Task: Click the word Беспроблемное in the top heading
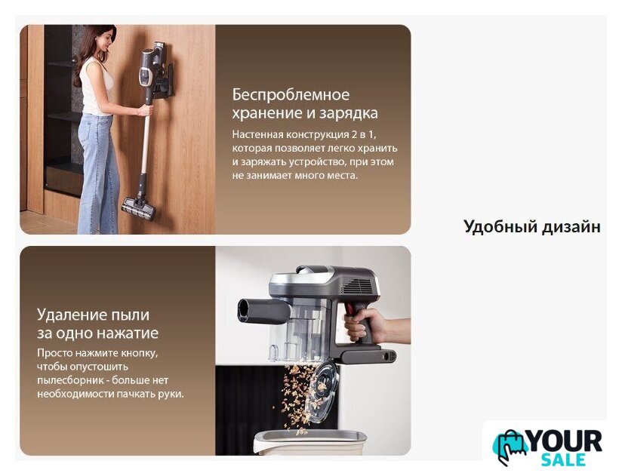(x=291, y=95)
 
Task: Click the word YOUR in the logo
(x=565, y=441)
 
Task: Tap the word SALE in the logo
(x=563, y=459)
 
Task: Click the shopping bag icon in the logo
(x=509, y=447)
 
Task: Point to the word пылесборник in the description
(x=71, y=380)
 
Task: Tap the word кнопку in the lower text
(x=139, y=353)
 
